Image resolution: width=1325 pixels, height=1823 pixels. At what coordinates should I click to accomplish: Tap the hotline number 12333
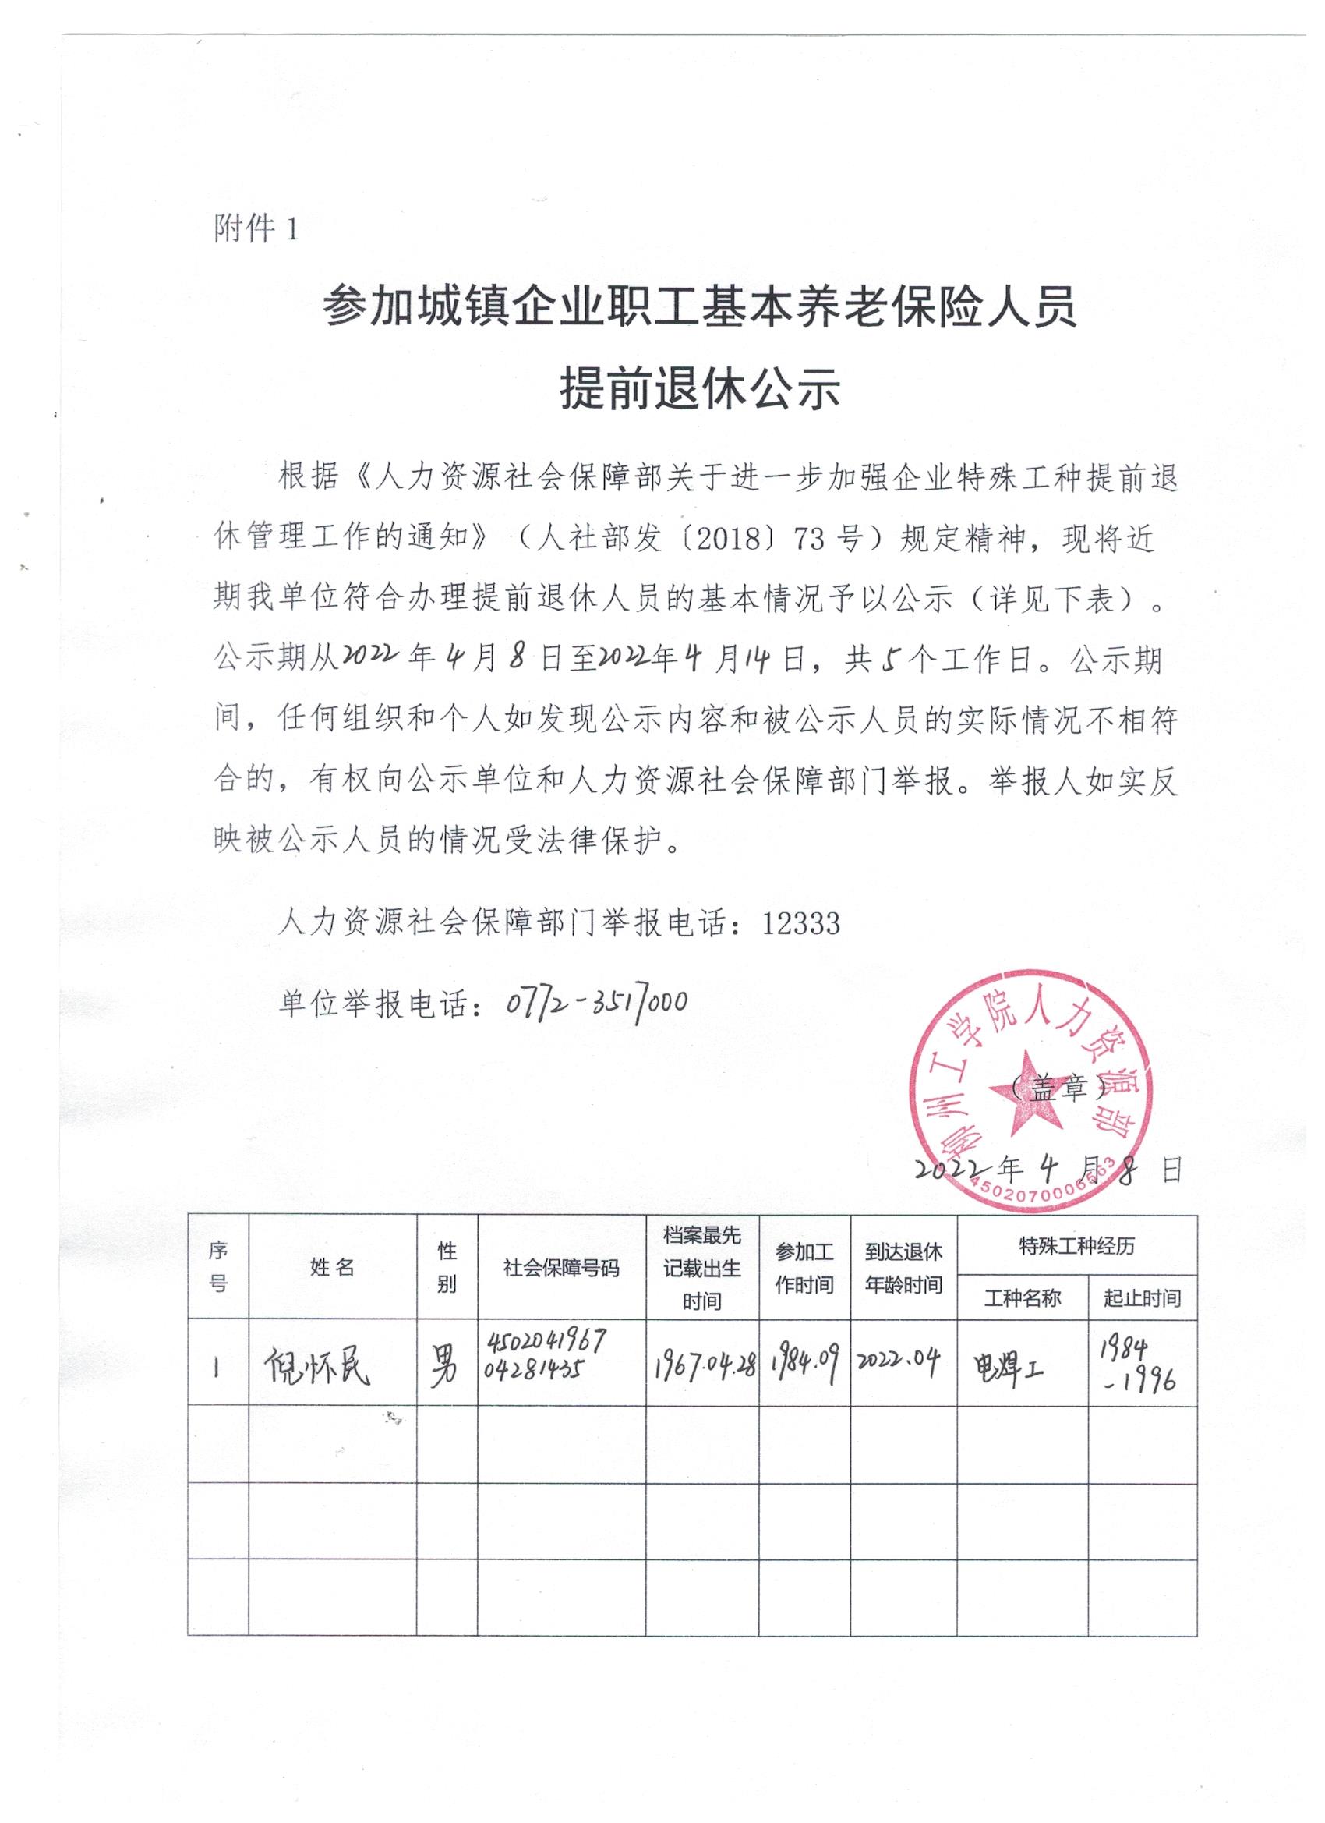[x=800, y=923]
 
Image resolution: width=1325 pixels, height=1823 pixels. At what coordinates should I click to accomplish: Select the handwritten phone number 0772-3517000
[x=596, y=1002]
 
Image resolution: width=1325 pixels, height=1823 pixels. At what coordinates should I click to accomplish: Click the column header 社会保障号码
[x=561, y=1269]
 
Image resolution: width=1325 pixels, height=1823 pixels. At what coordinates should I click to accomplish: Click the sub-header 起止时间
[x=1142, y=1298]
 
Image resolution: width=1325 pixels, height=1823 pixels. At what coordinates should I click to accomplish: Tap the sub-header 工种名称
[x=1022, y=1298]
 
